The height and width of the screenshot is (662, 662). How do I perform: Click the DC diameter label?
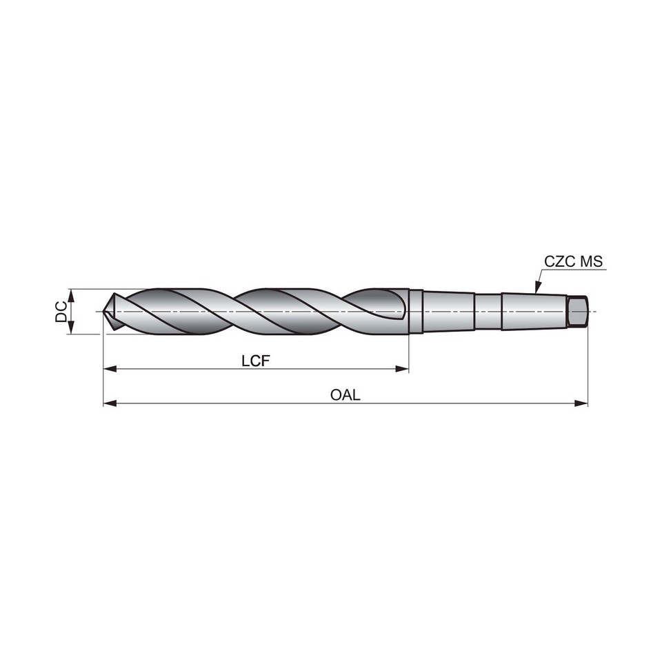tap(61, 312)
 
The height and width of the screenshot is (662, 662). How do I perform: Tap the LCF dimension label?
tap(255, 361)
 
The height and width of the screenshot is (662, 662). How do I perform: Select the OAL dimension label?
tap(345, 395)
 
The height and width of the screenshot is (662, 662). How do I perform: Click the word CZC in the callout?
tap(559, 262)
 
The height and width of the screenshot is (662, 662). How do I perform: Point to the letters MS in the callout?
tap(591, 262)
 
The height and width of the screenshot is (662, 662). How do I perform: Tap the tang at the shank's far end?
tap(577, 312)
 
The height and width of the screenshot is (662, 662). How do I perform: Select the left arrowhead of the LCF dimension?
tap(109, 370)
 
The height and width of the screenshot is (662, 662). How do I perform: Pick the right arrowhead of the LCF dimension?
tap(403, 370)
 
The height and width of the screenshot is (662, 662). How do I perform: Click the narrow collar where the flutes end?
tap(414, 312)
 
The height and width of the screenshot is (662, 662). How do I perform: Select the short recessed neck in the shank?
tap(488, 312)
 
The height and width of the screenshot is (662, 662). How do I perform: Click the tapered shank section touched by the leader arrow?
tap(534, 312)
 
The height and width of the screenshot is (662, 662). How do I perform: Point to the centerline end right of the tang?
tap(593, 312)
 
